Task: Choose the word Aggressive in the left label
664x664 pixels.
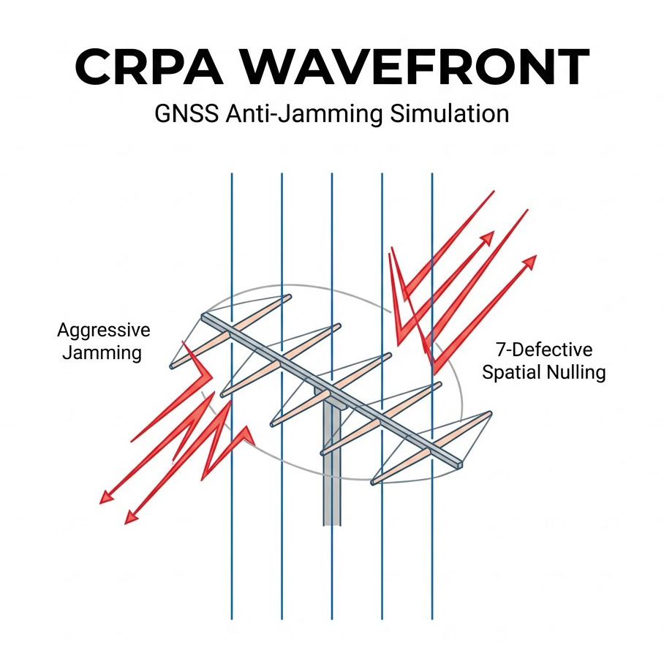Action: coord(104,330)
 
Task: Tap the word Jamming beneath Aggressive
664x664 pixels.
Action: coord(102,353)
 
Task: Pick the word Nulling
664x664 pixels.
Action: coord(575,372)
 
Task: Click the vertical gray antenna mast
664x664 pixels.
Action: coord(332,475)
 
